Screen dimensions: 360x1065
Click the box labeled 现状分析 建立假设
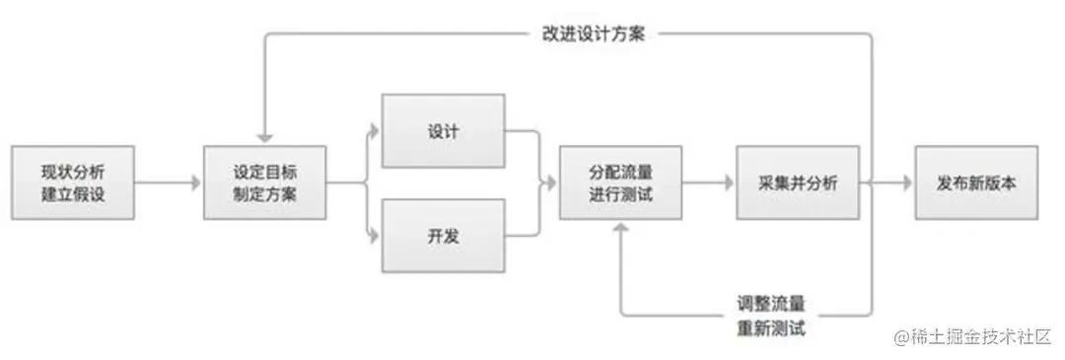(73, 183)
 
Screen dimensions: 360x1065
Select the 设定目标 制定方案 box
(265, 183)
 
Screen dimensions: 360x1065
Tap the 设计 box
(443, 132)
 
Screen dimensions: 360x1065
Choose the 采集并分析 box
(798, 183)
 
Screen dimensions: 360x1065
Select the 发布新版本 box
(976, 183)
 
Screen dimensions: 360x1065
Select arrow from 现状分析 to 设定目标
(168, 183)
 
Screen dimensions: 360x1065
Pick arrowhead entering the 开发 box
(375, 236)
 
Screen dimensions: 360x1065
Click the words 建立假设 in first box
(73, 194)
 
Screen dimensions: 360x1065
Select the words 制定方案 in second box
(265, 194)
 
